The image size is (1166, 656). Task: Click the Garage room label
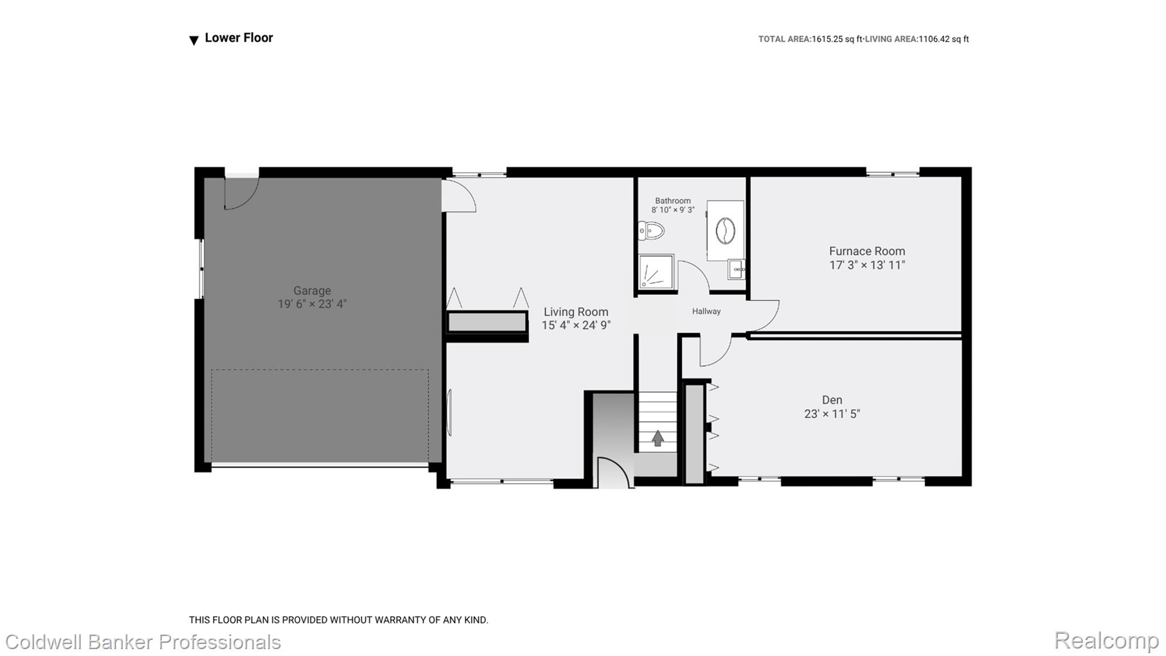pos(312,291)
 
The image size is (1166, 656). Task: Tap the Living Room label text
pos(576,312)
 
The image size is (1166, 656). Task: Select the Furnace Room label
pos(867,251)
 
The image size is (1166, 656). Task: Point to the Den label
pos(832,400)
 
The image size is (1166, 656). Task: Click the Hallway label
pos(706,311)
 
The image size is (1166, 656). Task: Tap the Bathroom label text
pos(673,201)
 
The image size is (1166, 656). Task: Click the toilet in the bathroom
pos(652,231)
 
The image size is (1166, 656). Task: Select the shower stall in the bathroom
pos(656,271)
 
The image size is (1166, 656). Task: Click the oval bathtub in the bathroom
pos(725,231)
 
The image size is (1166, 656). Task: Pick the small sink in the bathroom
pos(736,269)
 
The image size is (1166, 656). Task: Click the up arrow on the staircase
pos(658,438)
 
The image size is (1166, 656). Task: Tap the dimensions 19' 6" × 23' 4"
pos(312,304)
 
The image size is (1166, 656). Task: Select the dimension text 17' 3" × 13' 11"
pos(867,264)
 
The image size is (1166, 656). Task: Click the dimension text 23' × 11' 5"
pos(832,414)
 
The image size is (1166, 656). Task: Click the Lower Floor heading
pos(239,38)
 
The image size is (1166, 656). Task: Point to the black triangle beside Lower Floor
pos(194,40)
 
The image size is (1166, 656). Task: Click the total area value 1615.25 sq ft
pos(837,39)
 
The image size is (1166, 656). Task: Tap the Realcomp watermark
pos(1106,641)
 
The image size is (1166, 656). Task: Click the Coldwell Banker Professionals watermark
pos(143,642)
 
